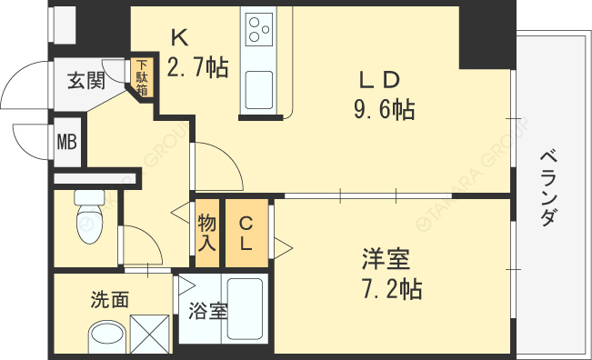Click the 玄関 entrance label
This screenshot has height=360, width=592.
[86, 81]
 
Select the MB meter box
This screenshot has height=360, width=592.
[67, 142]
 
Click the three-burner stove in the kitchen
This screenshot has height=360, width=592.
[259, 29]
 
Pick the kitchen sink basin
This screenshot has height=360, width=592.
[259, 90]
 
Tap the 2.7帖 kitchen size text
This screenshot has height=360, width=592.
[197, 67]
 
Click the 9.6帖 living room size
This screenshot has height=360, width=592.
[385, 110]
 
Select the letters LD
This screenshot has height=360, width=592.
[379, 80]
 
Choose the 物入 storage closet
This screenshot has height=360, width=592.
[207, 233]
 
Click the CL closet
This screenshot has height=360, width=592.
[246, 233]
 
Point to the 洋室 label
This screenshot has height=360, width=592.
[386, 259]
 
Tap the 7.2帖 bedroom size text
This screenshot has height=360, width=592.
[392, 289]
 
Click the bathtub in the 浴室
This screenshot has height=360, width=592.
[245, 309]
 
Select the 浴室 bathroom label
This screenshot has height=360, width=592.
[208, 311]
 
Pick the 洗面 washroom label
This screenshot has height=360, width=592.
[110, 299]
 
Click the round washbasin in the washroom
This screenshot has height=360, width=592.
[106, 336]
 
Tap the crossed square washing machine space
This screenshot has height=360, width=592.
[149, 334]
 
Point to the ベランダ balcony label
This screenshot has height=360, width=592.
[547, 188]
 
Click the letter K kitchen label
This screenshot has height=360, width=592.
[180, 38]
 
